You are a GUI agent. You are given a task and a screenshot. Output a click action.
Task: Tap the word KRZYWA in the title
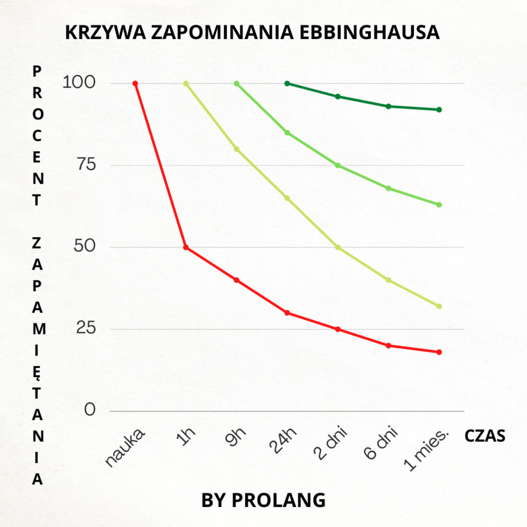pos(103,32)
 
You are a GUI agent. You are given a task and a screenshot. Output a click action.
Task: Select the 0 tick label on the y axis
pos(90,411)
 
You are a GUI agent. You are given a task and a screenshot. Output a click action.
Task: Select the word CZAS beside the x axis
pos(485,436)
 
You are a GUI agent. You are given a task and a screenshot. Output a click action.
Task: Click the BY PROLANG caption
pos(263,500)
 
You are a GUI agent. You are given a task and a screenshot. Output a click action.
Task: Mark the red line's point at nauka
pos(135,83)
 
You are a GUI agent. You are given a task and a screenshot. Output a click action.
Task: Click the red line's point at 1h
pos(186,248)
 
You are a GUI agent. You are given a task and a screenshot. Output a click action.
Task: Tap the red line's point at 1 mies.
pos(439,352)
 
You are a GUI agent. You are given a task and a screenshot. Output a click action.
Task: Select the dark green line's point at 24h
pos(287,83)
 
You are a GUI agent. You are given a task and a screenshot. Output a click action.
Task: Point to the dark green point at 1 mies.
pos(439,110)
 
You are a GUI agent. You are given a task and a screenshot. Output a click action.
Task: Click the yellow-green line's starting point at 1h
pos(186,83)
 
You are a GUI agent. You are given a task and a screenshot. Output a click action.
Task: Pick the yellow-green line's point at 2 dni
pos(338,248)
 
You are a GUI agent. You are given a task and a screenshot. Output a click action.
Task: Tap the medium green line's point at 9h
pos(236,83)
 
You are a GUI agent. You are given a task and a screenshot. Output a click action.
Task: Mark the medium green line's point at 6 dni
pos(389,188)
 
